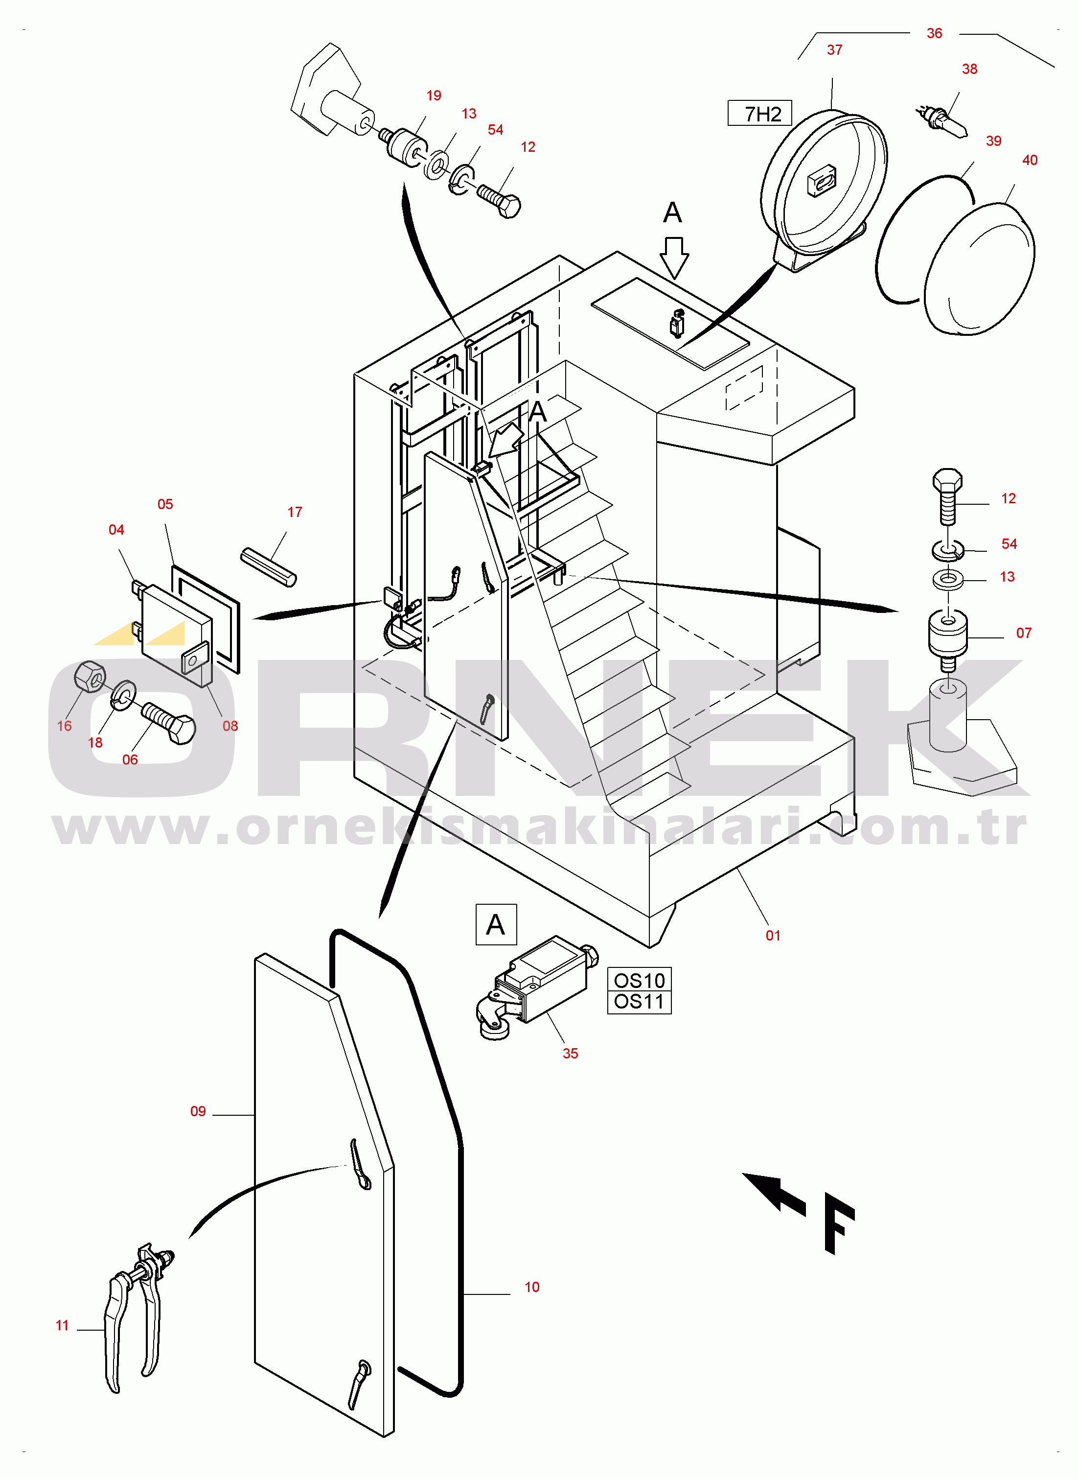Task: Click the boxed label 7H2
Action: coord(759,114)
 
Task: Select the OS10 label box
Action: coord(639,981)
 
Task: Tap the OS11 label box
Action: coord(639,1002)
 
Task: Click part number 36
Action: coord(934,33)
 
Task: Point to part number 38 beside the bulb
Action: coord(969,69)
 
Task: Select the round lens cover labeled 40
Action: coord(980,268)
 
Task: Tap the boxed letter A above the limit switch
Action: coord(496,924)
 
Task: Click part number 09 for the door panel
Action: coord(198,1111)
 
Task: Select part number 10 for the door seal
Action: coord(531,1287)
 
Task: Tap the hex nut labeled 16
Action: coord(90,676)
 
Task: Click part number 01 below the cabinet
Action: coord(773,936)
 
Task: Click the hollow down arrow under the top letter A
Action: coord(674,257)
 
